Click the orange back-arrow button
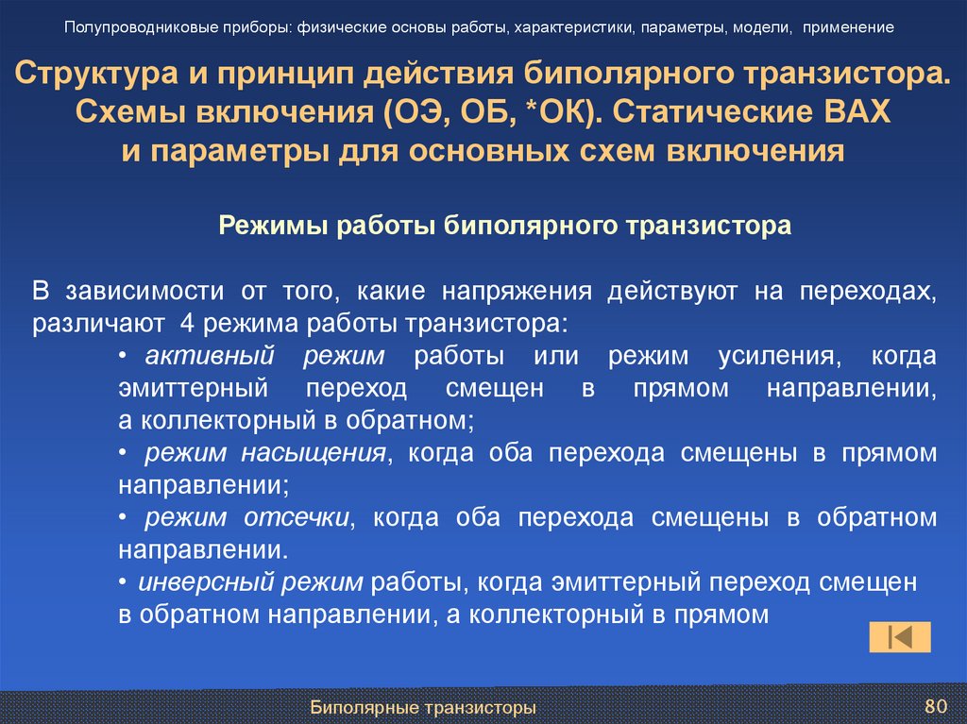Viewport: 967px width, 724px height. pyautogui.click(x=900, y=637)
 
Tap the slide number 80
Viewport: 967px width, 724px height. pyautogui.click(x=935, y=706)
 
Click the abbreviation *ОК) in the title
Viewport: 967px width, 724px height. pyautogui.click(x=560, y=112)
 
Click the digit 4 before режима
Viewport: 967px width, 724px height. pyautogui.click(x=185, y=324)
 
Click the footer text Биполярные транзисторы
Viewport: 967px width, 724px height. pyautogui.click(x=423, y=707)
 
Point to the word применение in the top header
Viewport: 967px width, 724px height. pyautogui.click(x=849, y=27)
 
